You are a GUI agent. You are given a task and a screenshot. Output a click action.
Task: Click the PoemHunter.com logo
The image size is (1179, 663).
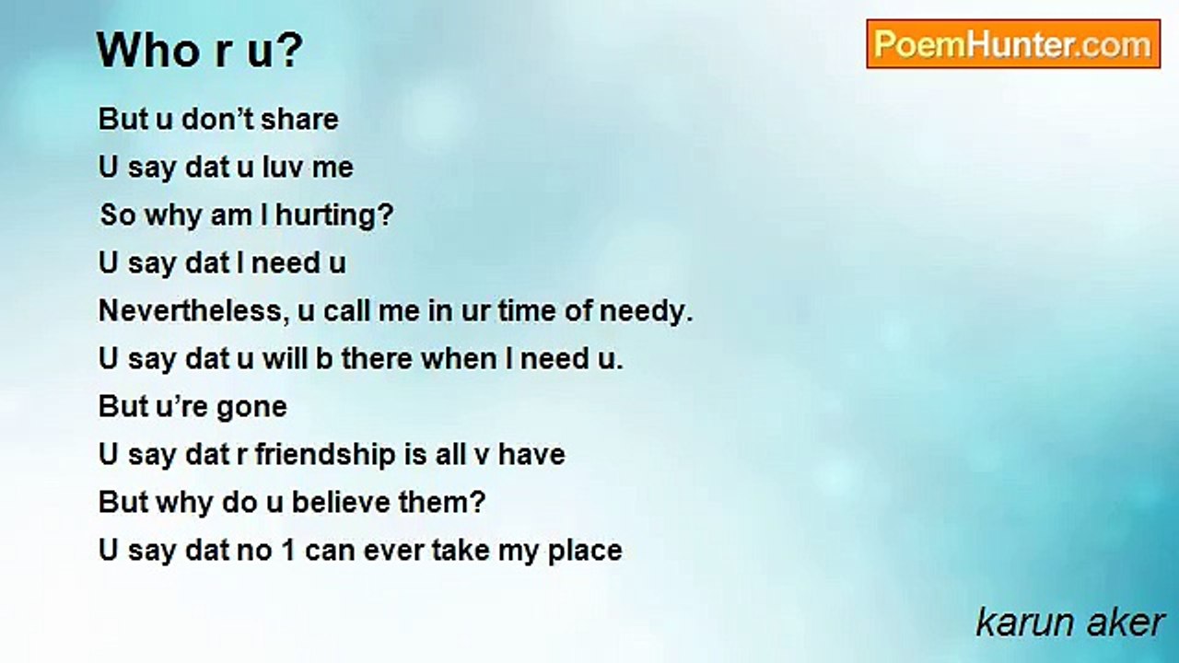pyautogui.click(x=1013, y=44)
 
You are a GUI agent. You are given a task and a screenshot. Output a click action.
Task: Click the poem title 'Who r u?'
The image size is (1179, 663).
pyautogui.click(x=200, y=50)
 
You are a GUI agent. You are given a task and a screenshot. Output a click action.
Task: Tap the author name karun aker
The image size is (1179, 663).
pyautogui.click(x=1069, y=622)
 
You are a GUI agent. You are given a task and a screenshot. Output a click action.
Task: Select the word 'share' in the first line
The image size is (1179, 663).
pyautogui.click(x=299, y=119)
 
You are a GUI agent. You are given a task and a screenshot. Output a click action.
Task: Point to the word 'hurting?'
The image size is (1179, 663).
pyautogui.click(x=334, y=215)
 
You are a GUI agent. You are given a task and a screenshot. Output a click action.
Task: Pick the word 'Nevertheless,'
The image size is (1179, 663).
pyautogui.click(x=193, y=311)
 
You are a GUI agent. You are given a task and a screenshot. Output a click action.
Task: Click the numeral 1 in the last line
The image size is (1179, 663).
pyautogui.click(x=288, y=551)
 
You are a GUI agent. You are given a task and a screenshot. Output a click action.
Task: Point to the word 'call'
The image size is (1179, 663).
pyautogui.click(x=345, y=310)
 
